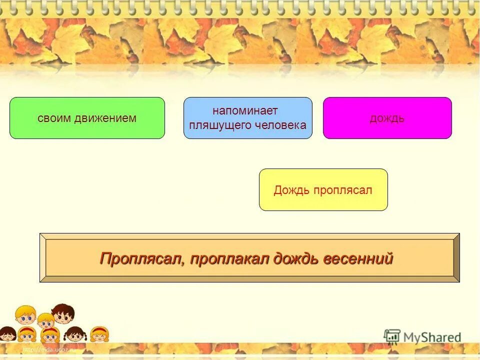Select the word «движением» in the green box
[105, 118]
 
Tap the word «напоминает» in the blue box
[245, 111]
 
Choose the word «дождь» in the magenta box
[387, 118]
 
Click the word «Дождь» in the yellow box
[292, 190]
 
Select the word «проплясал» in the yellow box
[343, 190]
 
